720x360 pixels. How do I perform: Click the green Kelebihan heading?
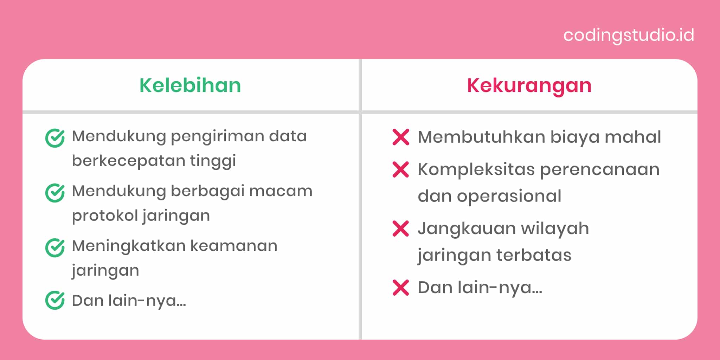pyautogui.click(x=190, y=85)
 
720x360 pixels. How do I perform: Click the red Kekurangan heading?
pyautogui.click(x=529, y=85)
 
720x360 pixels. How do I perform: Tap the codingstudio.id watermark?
pyautogui.click(x=629, y=35)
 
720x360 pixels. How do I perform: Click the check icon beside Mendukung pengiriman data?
pyautogui.click(x=55, y=138)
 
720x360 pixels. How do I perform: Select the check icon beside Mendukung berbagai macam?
pyautogui.click(x=55, y=193)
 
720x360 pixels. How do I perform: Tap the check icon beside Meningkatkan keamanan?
pyautogui.click(x=55, y=247)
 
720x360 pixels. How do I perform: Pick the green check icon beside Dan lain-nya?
pyautogui.click(x=55, y=300)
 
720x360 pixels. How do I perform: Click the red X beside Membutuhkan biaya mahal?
pyautogui.click(x=401, y=137)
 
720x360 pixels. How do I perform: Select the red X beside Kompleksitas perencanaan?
pyautogui.click(x=401, y=169)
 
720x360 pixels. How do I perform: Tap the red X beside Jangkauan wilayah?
pyautogui.click(x=401, y=229)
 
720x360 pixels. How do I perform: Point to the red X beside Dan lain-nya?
pyautogui.click(x=401, y=288)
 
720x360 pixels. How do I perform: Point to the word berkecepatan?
pyautogui.click(x=128, y=161)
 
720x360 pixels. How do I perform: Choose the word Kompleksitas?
pyautogui.click(x=476, y=170)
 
